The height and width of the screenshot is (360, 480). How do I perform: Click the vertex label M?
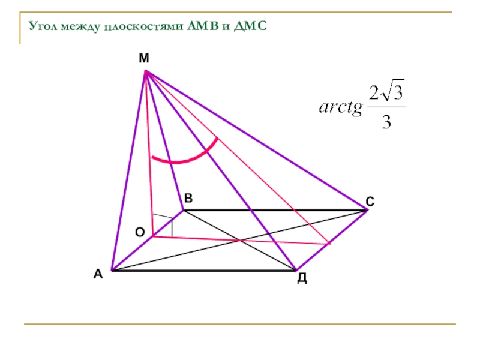tap(143, 58)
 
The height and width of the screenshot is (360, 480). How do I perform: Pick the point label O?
tap(139, 232)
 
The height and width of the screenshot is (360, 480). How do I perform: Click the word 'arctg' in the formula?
tap(341, 108)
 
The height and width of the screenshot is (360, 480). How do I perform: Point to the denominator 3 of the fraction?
tap(386, 122)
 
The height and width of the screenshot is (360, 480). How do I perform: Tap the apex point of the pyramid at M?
tap(146, 71)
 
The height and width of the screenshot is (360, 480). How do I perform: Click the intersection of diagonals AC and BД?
tap(240, 241)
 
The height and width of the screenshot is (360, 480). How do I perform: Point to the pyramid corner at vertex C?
tap(367, 210)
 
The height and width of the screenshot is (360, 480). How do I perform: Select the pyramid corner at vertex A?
tap(111, 271)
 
